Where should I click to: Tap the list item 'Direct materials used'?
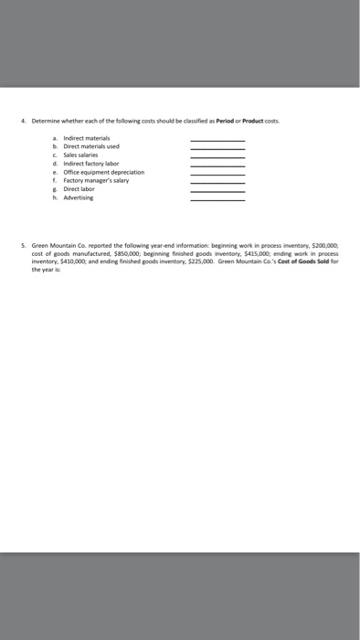[x=90, y=146]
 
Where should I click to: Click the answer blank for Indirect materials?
[x=217, y=139]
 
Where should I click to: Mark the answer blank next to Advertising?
[x=217, y=199]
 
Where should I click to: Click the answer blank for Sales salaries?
[x=217, y=156]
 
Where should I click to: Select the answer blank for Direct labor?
[x=217, y=191]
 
